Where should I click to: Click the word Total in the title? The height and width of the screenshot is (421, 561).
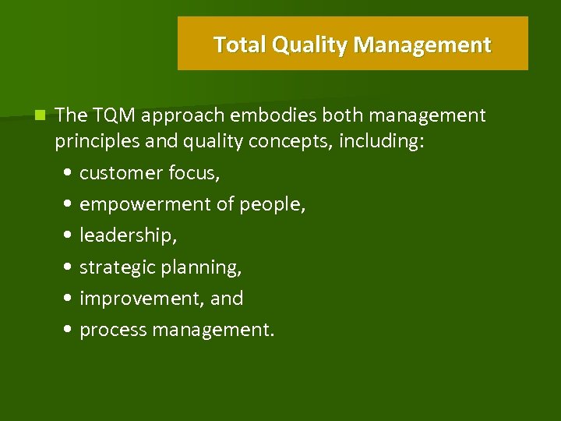pos(240,44)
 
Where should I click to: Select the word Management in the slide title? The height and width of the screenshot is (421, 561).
pos(422,44)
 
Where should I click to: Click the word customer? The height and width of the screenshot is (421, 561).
pos(116,173)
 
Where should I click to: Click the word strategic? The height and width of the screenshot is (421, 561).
pos(117,267)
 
